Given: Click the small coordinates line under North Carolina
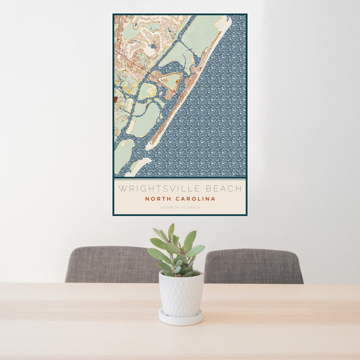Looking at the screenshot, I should point(179,208).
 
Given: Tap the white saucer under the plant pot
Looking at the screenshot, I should point(181,317).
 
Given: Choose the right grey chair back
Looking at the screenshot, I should point(255,266).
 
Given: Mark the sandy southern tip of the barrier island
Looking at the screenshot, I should point(151,145).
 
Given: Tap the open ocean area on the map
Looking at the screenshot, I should point(210,120).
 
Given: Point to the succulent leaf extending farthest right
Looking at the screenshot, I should point(197,250).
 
